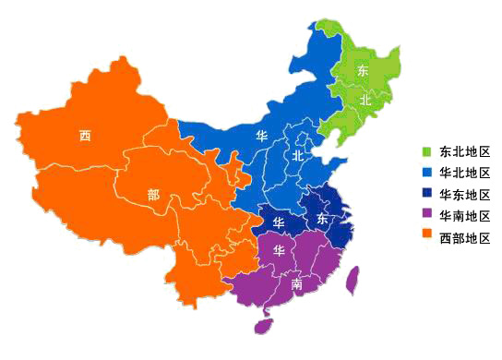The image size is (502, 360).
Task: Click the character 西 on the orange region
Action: pyautogui.click(x=85, y=136)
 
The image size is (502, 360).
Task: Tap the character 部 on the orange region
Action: pyautogui.click(x=152, y=195)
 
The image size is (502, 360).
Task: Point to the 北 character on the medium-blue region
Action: pyautogui.click(x=297, y=157)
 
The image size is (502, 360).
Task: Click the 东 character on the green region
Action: pyautogui.click(x=363, y=71)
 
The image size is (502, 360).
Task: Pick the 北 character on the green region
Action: pyautogui.click(x=365, y=99)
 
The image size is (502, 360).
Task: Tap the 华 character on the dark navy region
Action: pyautogui.click(x=278, y=223)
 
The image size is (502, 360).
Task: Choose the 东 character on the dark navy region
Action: pyautogui.click(x=321, y=219)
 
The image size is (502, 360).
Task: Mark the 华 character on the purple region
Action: pyautogui.click(x=278, y=250)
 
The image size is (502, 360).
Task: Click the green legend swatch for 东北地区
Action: pyautogui.click(x=426, y=151)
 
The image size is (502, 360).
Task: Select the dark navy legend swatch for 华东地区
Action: pyautogui.click(x=426, y=195)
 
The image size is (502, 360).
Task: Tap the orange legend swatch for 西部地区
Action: pyautogui.click(x=426, y=238)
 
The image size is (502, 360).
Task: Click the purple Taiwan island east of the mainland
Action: pyautogui.click(x=351, y=280)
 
